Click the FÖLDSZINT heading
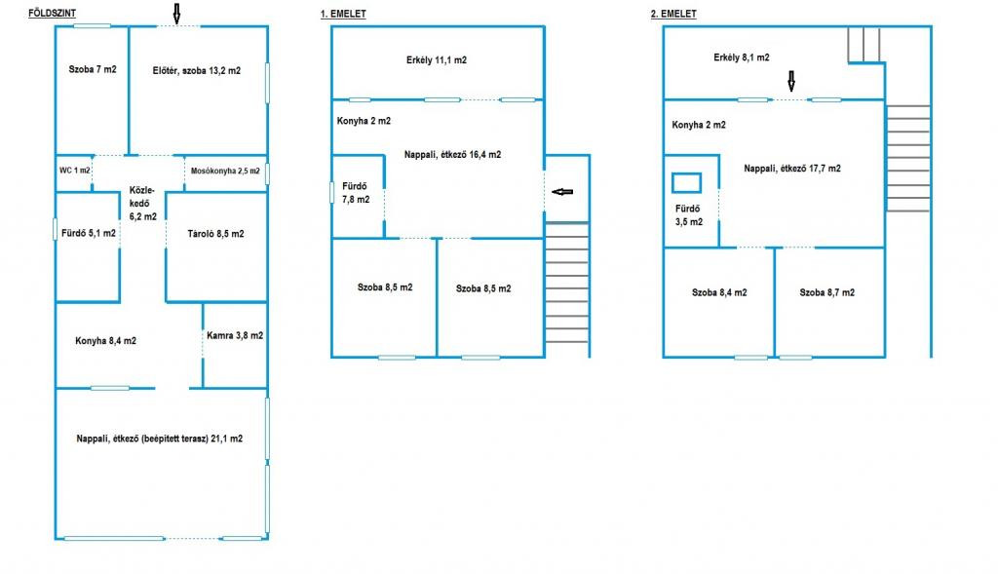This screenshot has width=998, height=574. coord(53,14)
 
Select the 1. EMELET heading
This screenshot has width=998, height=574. coord(343,14)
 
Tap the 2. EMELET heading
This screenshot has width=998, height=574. coord(673,14)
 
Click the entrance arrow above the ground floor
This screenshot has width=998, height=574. coord(177,14)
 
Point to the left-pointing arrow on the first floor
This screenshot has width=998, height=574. coord(562,192)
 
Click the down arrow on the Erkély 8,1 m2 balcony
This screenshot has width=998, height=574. coord(791,81)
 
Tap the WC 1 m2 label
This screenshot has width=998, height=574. coord(75,171)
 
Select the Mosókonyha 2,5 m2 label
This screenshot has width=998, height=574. coord(225,171)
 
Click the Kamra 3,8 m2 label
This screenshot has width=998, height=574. coord(235,335)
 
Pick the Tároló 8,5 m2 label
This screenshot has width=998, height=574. coord(215,234)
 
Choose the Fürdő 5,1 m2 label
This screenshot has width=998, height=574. coord(89,233)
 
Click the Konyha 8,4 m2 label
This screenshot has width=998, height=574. coord(105,340)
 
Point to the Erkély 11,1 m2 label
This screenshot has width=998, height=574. coord(437,59)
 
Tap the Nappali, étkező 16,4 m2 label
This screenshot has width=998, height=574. coord(452,154)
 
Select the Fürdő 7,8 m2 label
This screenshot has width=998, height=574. coord(356,193)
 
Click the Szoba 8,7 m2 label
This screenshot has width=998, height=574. coord(826,292)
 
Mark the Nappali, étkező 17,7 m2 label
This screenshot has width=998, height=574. coord(792,168)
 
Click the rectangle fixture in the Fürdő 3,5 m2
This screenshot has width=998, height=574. coord(687,183)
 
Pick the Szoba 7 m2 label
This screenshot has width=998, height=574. coord(93,69)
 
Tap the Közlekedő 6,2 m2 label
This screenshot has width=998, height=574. coord(142,203)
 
